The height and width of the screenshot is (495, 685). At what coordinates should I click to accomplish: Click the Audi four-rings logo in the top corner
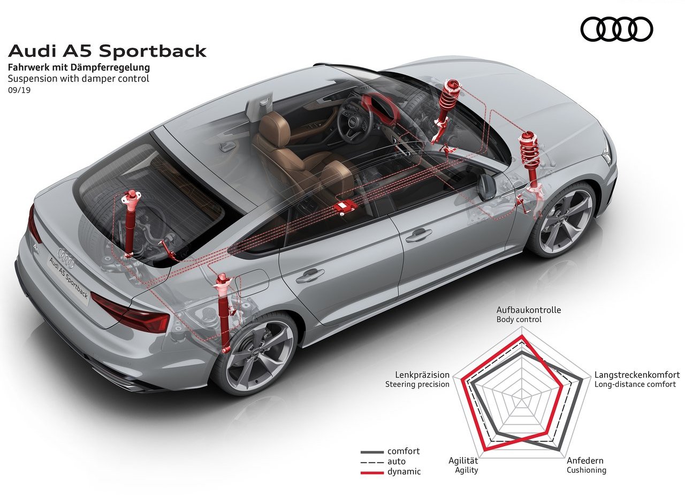coord(616,29)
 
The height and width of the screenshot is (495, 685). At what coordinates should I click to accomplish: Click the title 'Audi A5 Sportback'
coord(107,51)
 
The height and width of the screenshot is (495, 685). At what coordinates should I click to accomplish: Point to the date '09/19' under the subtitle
coord(19,90)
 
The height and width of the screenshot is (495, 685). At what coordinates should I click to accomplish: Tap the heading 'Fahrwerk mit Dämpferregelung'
coord(79,67)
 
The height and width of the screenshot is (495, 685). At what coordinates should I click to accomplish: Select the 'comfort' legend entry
coord(390,451)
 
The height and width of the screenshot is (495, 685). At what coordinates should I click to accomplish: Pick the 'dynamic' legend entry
coord(391,472)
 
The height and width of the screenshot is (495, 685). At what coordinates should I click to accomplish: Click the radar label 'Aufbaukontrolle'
coord(529,310)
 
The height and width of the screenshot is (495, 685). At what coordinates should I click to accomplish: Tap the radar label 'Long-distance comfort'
coord(635,384)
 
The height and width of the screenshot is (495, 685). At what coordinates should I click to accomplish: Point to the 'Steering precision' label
coord(417,384)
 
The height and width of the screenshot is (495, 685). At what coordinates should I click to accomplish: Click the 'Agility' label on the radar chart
coord(466,470)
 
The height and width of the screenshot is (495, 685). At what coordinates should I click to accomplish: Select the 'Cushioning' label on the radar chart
coord(586,470)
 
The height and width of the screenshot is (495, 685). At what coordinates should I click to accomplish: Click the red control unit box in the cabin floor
coord(345,206)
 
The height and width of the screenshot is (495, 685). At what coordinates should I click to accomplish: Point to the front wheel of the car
coord(562,219)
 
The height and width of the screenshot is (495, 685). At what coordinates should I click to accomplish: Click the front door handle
coord(418,235)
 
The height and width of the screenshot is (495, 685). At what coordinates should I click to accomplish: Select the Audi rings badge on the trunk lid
coord(66,258)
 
